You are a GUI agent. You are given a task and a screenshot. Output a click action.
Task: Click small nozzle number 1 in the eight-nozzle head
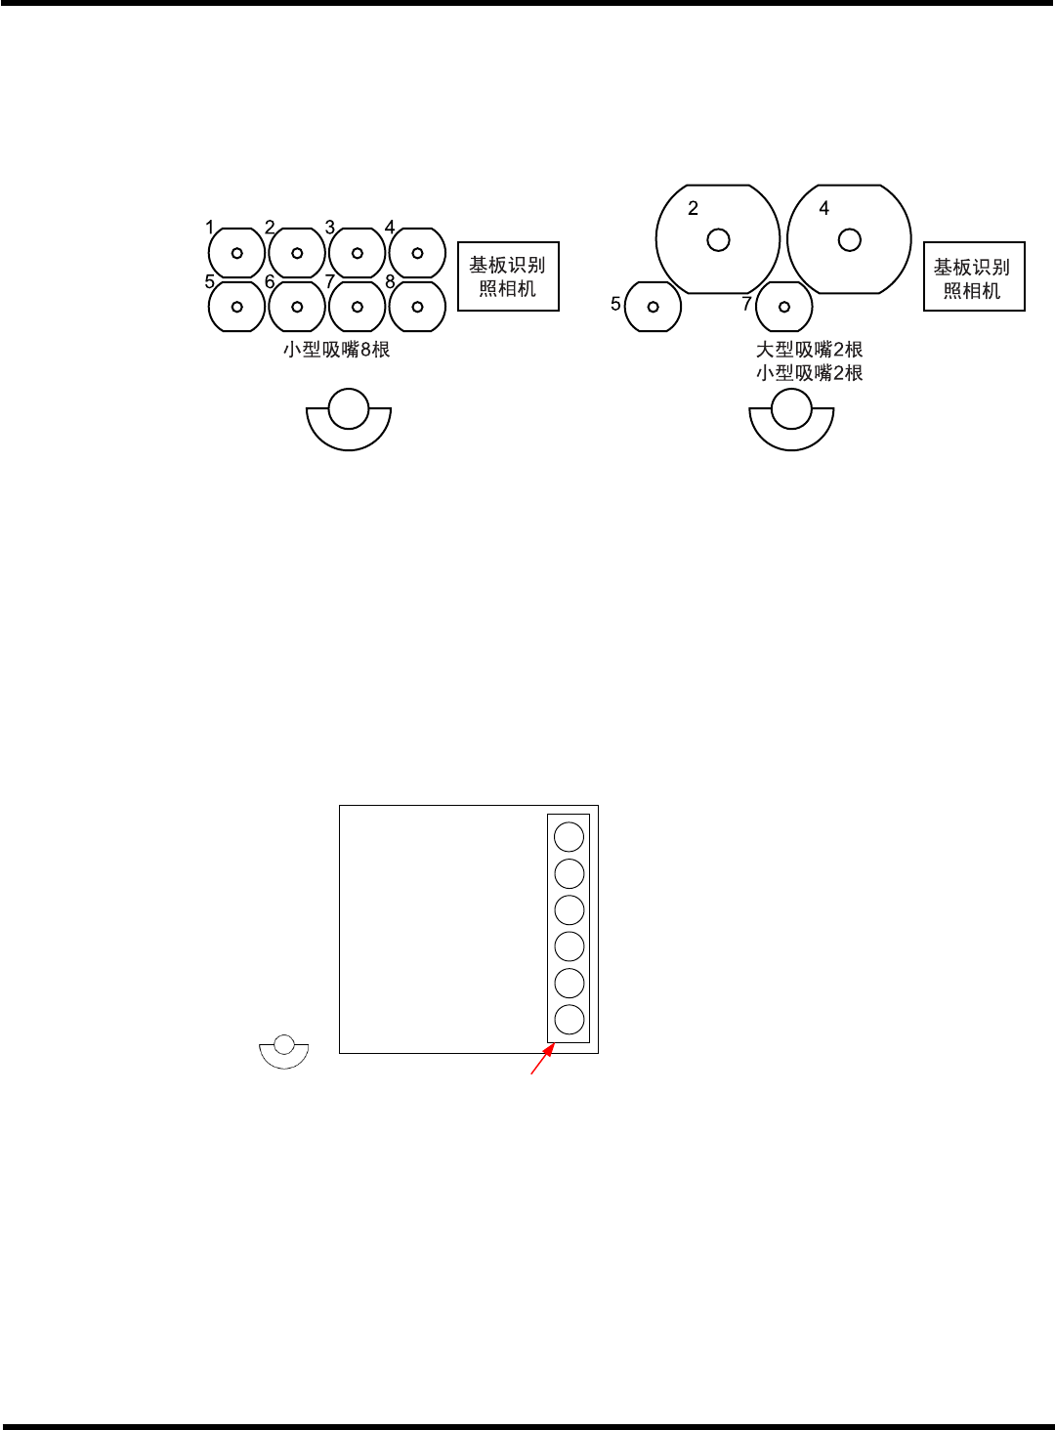point(236,253)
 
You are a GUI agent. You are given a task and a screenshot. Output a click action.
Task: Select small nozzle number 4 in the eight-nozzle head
point(417,253)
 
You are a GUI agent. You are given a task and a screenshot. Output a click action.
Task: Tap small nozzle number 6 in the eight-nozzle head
point(297,307)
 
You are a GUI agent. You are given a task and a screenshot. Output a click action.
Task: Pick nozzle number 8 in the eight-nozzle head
point(417,307)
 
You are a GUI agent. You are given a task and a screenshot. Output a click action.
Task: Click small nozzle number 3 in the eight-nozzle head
point(358,253)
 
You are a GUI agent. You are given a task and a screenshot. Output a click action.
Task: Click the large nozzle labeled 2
point(718,239)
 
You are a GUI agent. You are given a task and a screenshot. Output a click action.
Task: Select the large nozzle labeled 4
point(849,239)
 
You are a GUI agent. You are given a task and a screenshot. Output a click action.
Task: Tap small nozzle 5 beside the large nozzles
point(653,307)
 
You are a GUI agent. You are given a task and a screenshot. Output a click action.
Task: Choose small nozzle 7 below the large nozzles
point(784,307)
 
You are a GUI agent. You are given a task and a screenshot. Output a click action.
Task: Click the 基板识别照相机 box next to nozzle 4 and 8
point(508,276)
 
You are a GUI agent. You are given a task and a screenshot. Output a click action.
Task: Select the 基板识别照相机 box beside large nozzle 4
point(974,277)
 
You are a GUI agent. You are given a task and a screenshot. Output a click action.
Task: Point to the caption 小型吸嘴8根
point(337,350)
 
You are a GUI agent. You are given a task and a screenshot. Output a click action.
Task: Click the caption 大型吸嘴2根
point(810,350)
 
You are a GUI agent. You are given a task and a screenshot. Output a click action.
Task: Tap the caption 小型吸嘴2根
point(810,373)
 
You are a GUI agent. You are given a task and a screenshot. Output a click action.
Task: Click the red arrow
point(542,1060)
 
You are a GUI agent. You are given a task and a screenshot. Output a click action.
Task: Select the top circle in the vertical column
point(569,837)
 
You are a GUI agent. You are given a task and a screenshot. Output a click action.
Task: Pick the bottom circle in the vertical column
point(569,1020)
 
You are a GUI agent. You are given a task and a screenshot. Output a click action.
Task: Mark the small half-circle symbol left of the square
point(284,1052)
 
